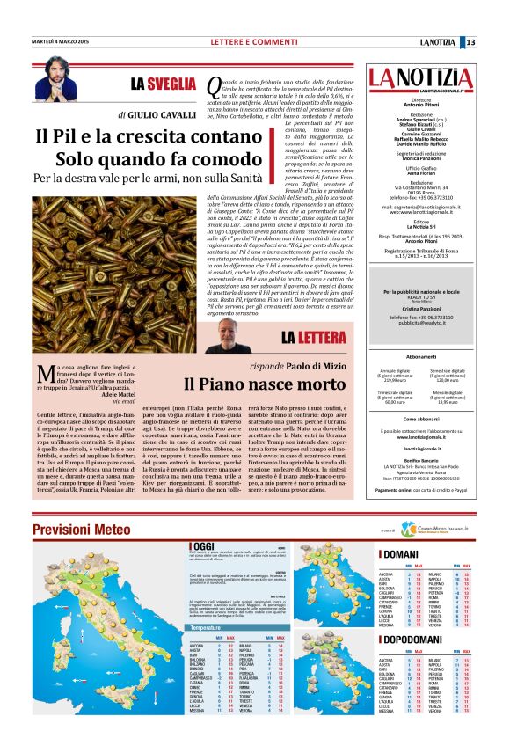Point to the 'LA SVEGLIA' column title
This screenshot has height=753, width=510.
pos(162,84)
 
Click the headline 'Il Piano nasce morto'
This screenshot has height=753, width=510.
pos(264,384)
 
